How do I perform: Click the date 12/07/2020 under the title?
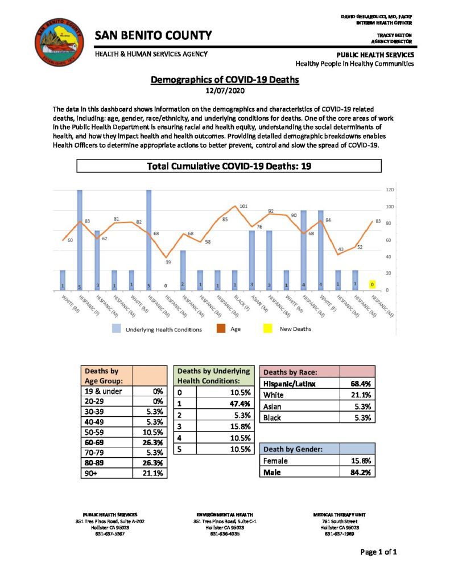click(224, 90)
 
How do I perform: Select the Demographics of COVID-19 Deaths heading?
click(224, 80)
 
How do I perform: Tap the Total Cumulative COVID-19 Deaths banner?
click(228, 166)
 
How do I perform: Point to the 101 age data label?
click(243, 206)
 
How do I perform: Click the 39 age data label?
click(168, 262)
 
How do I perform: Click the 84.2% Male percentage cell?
click(361, 472)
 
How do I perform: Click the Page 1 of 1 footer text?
click(378, 552)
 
